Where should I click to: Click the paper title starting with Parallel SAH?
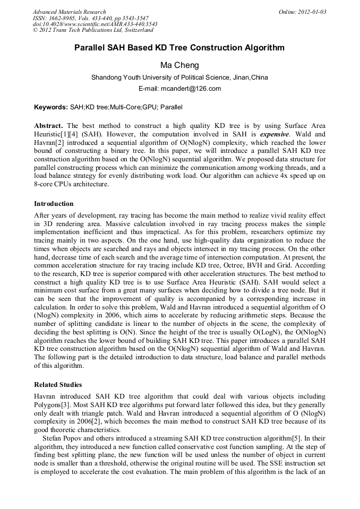(179, 48)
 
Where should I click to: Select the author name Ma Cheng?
(179, 65)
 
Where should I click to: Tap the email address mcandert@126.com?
(179, 89)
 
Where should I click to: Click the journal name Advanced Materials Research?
(70, 12)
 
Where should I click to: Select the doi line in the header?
(95, 24)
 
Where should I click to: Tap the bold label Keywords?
(51, 107)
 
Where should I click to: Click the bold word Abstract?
(48, 126)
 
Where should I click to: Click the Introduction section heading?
(54, 204)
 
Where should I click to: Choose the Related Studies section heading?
(58, 384)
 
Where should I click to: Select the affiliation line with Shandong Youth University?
(179, 77)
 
